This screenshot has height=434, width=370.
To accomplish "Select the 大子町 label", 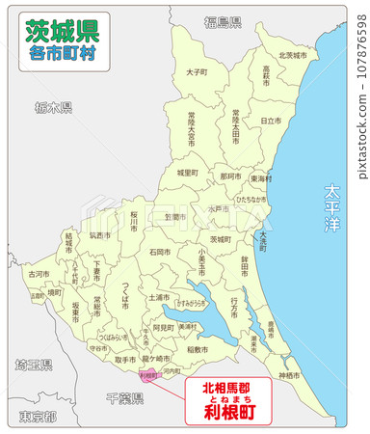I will click(x=196, y=71).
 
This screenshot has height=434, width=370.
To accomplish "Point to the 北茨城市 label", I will click(x=292, y=55).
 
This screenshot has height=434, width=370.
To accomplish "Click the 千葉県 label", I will click(x=125, y=396).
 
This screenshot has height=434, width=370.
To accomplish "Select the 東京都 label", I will click(x=37, y=417).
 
